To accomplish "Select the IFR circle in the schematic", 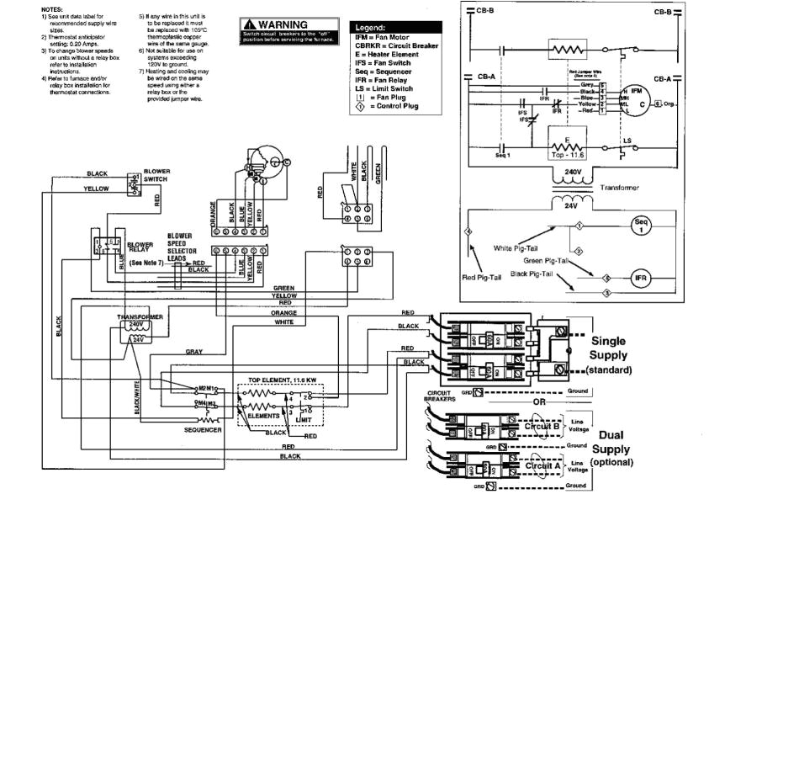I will (641, 279).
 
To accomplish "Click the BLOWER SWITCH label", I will (156, 175).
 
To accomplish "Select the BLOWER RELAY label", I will (140, 247).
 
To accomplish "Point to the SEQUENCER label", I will (203, 429).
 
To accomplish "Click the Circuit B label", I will (542, 426).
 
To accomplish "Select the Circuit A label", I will (542, 465).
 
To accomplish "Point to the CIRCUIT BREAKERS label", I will (441, 396).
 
